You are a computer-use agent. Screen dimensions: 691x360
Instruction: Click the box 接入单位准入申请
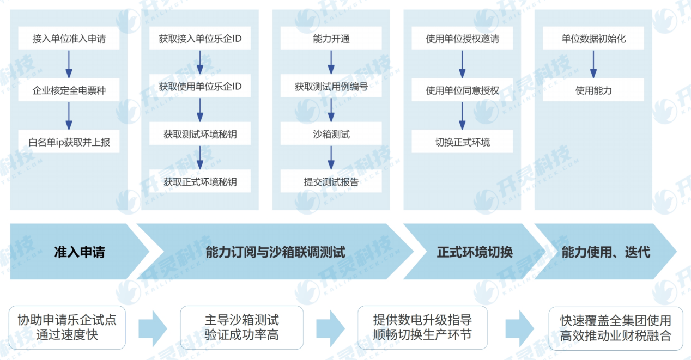tap(69, 38)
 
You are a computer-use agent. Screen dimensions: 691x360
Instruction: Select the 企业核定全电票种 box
tap(69, 90)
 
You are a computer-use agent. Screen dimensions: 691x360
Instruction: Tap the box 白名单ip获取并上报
tap(69, 142)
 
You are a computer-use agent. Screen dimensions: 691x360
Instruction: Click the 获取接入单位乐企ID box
tap(200, 38)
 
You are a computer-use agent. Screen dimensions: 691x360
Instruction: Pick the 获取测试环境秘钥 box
tap(200, 133)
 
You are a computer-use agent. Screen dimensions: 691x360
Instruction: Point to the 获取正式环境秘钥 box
tap(200, 181)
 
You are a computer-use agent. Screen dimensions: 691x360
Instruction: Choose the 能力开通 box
tap(331, 38)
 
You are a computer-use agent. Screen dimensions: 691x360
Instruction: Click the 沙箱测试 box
tap(331, 133)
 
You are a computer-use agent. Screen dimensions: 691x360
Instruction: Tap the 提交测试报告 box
tap(331, 181)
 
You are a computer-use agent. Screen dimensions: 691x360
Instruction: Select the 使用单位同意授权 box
tap(462, 90)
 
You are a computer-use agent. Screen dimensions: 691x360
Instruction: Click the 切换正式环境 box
tap(462, 142)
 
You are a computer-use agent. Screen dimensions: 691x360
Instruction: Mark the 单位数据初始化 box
tap(593, 38)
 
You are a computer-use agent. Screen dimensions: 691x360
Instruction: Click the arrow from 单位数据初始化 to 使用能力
tap(593, 64)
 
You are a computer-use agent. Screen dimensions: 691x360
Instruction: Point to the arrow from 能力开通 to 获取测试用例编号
tap(331, 62)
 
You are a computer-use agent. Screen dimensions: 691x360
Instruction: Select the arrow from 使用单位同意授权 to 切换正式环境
tap(462, 116)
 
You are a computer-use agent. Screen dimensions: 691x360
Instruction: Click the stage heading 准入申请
tap(80, 252)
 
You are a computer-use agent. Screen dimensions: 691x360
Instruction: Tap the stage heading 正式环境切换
tap(475, 252)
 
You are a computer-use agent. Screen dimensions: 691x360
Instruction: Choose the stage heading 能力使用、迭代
tap(606, 252)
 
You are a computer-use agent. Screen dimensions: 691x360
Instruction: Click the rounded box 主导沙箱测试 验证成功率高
tap(241, 327)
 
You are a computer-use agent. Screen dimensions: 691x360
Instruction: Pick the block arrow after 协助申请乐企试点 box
tap(153, 328)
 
